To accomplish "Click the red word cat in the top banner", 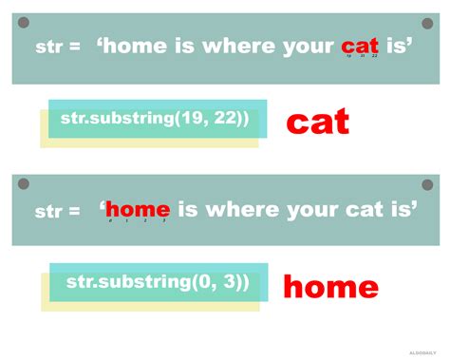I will (361, 45).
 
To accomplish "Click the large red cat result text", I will (318, 121).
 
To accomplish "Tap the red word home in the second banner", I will (138, 209).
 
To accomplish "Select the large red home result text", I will (330, 286).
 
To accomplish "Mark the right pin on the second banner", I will (427, 183).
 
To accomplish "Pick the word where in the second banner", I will (245, 209).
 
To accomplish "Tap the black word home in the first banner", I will (132, 45).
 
